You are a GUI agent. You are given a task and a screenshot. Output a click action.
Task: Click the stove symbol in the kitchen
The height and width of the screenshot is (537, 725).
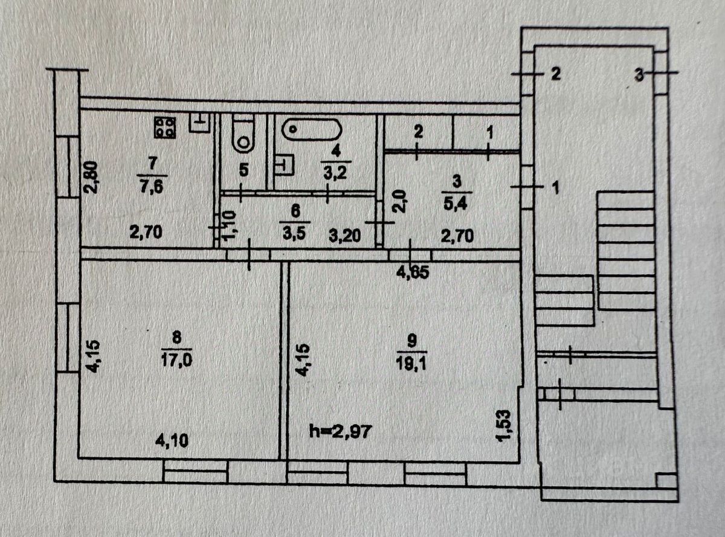pos(165,127)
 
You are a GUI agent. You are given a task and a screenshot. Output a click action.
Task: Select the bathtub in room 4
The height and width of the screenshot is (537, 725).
pos(312,129)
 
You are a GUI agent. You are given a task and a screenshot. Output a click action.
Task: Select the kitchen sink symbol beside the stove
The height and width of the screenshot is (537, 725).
pos(198,123)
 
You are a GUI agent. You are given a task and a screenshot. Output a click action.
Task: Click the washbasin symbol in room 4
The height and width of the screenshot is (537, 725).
pos(282,163)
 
